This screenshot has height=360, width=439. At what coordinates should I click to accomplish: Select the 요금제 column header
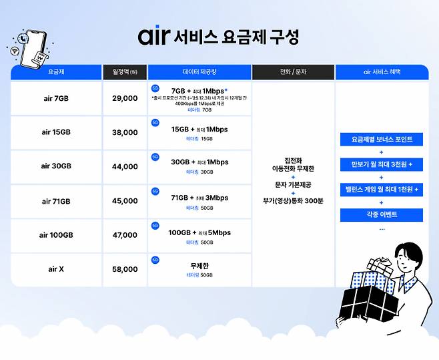(55, 71)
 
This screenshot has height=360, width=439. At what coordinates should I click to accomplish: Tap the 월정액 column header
(125, 71)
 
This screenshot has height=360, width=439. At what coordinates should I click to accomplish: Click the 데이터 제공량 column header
(199, 71)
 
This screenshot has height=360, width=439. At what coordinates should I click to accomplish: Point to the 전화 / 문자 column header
(293, 71)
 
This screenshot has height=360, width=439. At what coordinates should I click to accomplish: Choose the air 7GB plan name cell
(55, 98)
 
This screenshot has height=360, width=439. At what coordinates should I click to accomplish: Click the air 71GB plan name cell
(55, 201)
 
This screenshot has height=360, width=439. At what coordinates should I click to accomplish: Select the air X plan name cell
(55, 269)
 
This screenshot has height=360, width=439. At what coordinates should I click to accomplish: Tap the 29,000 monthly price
(125, 98)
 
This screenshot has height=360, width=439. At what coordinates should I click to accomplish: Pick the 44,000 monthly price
(125, 167)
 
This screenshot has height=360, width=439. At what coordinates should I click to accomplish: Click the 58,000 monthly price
(125, 269)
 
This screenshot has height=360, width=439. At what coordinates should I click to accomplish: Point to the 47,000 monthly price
(125, 235)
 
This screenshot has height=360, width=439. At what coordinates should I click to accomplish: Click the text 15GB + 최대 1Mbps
(199, 129)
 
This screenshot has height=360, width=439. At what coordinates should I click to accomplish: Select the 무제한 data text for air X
(199, 265)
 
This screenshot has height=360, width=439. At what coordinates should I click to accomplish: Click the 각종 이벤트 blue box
(382, 215)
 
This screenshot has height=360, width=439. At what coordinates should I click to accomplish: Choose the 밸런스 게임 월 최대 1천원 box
(382, 190)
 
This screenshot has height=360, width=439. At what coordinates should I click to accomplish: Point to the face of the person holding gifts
(406, 257)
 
